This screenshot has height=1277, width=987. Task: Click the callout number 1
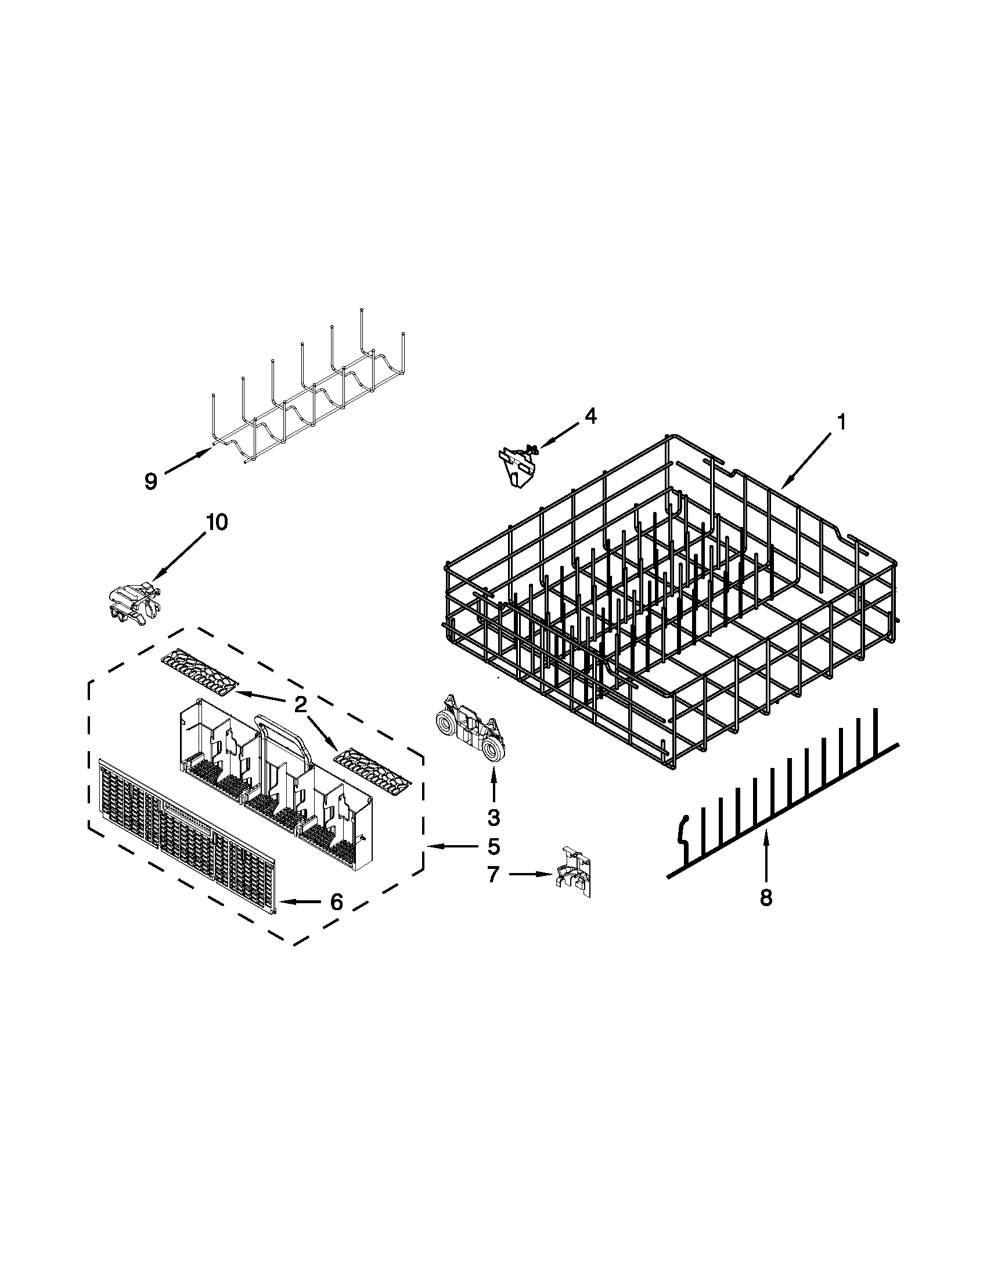pyautogui.click(x=841, y=422)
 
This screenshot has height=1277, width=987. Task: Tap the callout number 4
pyautogui.click(x=590, y=416)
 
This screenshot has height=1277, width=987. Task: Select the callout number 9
pyautogui.click(x=151, y=481)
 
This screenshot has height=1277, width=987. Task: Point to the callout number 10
pyautogui.click(x=217, y=522)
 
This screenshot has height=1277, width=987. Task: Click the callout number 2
pyautogui.click(x=300, y=706)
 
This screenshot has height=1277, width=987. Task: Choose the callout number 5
pyautogui.click(x=493, y=846)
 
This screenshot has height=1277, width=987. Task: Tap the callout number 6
pyautogui.click(x=336, y=902)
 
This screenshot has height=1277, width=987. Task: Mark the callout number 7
pyautogui.click(x=493, y=874)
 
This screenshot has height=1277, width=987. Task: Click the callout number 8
pyautogui.click(x=766, y=897)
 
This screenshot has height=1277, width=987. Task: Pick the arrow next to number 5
pyautogui.click(x=453, y=846)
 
